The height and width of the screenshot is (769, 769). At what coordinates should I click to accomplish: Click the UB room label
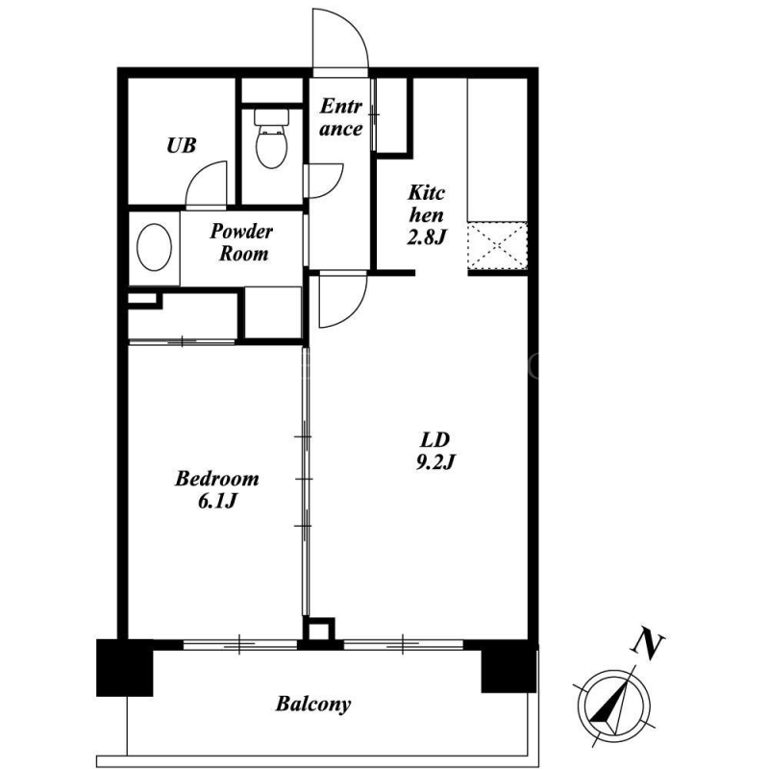coord(182,146)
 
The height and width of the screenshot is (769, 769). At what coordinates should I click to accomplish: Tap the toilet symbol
coord(271,138)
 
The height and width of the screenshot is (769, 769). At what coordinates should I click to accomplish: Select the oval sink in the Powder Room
coord(154,247)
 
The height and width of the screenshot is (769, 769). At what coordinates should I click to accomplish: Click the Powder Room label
coord(242,242)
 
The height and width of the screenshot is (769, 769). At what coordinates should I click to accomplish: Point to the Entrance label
coord(341,117)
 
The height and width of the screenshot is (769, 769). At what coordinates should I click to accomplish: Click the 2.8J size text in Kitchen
coord(427,237)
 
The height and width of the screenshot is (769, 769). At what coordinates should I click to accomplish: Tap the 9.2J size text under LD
coord(436,462)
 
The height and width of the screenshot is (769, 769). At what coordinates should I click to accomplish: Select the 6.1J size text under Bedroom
coord(218,501)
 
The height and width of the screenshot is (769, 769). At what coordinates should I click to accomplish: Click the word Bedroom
coord(217,478)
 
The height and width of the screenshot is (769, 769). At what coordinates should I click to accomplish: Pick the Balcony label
coord(313,705)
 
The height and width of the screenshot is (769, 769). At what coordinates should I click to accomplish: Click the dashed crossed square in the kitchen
coord(497,246)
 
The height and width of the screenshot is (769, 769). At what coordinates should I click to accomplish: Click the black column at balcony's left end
coord(125,667)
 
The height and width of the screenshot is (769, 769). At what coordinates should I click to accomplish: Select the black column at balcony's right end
coord(509,666)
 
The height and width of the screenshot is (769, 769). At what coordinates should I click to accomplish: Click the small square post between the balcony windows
coord(318,630)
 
